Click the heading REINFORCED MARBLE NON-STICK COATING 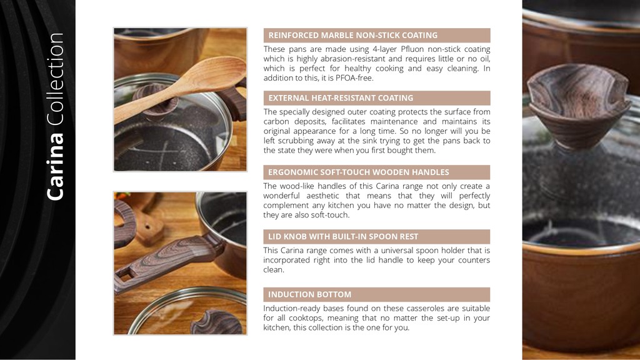(x=352, y=36)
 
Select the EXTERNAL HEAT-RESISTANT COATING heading (x=341, y=98)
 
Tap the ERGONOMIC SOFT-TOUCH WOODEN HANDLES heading (x=358, y=172)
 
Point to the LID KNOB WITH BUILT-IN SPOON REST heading (x=343, y=237)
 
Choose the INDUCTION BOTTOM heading (x=309, y=295)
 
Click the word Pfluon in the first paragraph (x=412, y=49)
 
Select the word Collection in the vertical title (x=55, y=79)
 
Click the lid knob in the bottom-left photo (x=216, y=322)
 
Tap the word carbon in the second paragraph (x=276, y=122)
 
